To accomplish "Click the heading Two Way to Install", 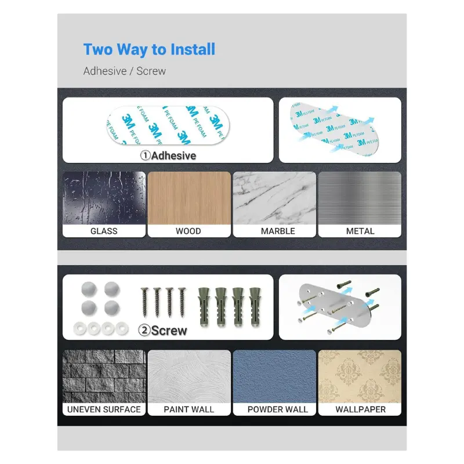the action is click(x=149, y=49).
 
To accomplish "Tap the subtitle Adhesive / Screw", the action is click(x=125, y=71).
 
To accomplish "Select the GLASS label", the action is click(x=104, y=231).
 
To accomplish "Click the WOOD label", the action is click(x=188, y=231).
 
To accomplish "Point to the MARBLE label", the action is click(x=278, y=231).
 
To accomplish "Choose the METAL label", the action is click(x=360, y=231).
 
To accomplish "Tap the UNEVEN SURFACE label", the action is click(x=104, y=409).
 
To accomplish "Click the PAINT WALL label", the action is click(x=189, y=409).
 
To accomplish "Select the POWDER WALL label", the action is click(x=278, y=409).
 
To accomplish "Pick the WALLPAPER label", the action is click(x=360, y=409).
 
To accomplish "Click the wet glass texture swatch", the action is click(x=104, y=198).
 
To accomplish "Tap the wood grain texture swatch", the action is click(x=189, y=198).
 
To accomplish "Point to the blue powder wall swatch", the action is click(x=274, y=376).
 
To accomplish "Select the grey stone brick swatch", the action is click(x=104, y=376).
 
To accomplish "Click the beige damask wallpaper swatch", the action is click(x=360, y=376).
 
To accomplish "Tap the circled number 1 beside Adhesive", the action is click(x=146, y=155).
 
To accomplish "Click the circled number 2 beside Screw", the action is click(x=144, y=330).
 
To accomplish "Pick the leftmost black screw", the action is click(x=144, y=302).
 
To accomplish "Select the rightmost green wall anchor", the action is click(x=255, y=307).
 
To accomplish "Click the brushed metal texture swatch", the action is click(x=360, y=198).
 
